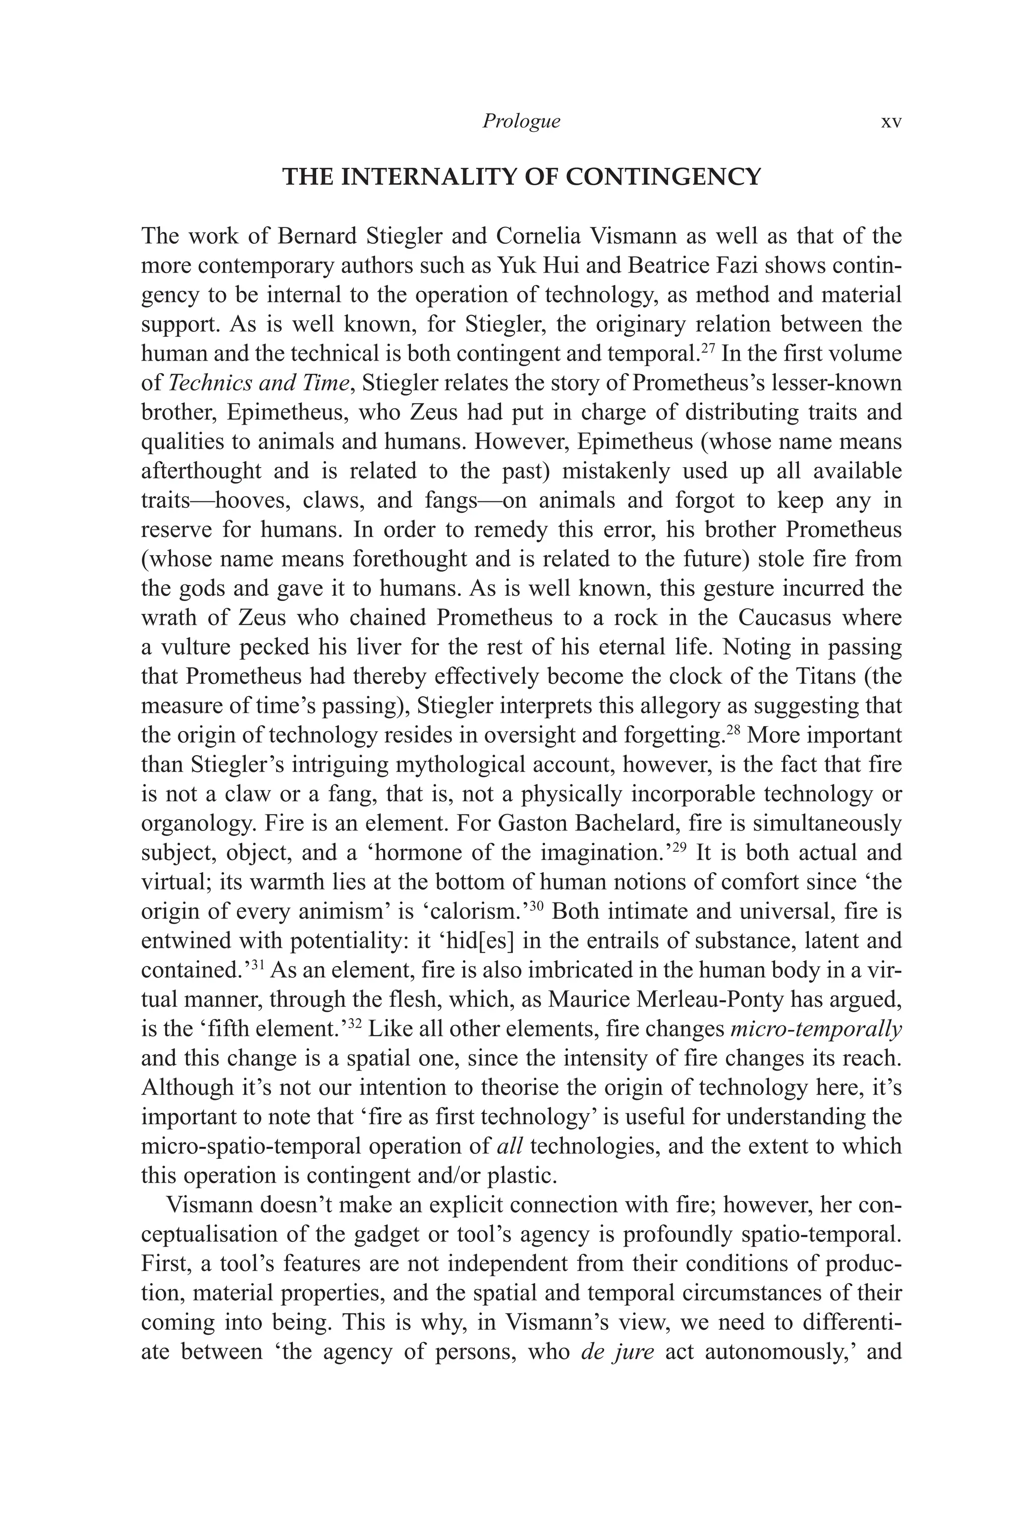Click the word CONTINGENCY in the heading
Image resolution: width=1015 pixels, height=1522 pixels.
(664, 177)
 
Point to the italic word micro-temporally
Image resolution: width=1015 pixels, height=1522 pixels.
(816, 1029)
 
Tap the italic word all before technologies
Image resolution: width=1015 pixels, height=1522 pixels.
(510, 1146)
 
